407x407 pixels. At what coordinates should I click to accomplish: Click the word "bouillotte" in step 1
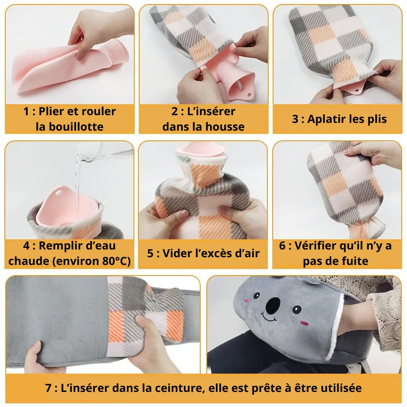[x=76, y=127]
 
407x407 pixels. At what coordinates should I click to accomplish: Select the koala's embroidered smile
[x=269, y=317]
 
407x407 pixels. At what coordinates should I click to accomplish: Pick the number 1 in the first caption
[x=26, y=112]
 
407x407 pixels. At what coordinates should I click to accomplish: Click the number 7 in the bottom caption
[x=48, y=388]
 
